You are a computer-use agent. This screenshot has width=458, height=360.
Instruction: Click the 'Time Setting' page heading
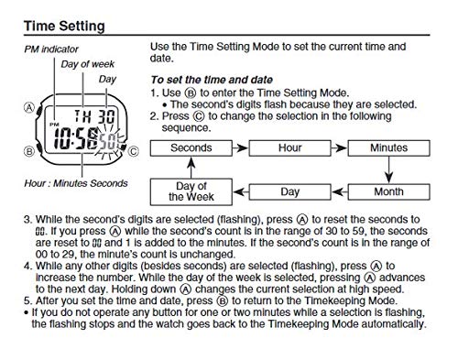64,26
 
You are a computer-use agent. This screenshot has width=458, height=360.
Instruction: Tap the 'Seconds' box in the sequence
191,148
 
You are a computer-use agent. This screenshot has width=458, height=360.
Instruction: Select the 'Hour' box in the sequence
290,148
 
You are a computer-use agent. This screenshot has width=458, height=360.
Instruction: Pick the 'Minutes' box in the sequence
388,148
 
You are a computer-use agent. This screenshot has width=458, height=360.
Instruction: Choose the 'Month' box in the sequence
388,192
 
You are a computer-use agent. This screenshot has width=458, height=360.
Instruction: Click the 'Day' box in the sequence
290,192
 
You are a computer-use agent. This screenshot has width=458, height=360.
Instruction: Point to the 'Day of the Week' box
191,191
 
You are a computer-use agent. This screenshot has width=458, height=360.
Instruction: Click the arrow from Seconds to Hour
241,148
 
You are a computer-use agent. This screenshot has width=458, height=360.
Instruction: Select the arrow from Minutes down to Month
388,170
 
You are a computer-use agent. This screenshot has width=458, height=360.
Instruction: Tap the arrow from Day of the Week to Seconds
191,168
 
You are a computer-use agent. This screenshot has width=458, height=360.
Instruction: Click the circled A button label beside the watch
29,108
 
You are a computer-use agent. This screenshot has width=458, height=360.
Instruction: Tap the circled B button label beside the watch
29,151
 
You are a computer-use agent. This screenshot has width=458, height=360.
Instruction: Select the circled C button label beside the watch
133,151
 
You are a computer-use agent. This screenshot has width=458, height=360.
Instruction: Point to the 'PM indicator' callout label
51,49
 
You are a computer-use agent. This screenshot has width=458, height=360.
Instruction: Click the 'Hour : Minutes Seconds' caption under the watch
76,183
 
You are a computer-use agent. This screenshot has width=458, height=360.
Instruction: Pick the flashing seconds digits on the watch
108,141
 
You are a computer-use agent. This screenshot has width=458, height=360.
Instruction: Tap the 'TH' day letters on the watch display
82,116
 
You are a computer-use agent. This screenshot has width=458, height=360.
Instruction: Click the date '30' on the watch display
106,116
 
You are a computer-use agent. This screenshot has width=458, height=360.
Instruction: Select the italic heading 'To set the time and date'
212,80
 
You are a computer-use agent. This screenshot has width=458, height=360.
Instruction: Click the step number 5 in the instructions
27,300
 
